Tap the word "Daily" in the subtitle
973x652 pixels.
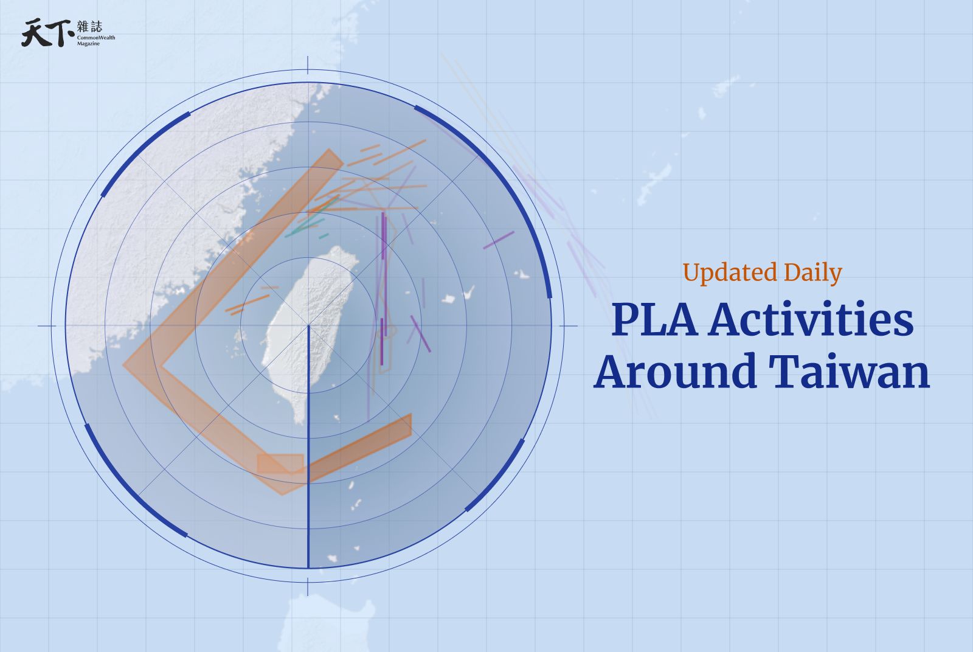(x=812, y=273)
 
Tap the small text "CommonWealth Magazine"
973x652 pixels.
(x=95, y=41)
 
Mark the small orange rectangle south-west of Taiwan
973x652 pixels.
(x=280, y=463)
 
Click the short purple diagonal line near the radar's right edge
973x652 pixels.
(x=499, y=240)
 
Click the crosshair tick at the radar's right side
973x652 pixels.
(x=569, y=326)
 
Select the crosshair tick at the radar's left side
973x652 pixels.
(x=47, y=326)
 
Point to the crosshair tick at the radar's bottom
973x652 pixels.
(x=308, y=588)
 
